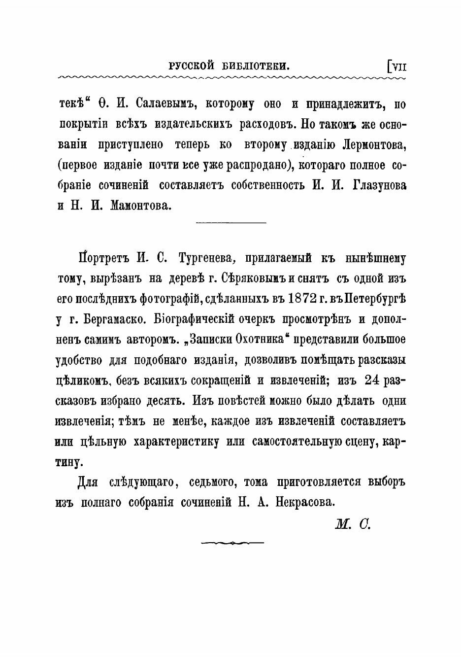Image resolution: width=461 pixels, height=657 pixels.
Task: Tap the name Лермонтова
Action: tap(375, 145)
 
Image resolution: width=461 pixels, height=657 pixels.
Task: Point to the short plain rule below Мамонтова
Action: tap(231, 223)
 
